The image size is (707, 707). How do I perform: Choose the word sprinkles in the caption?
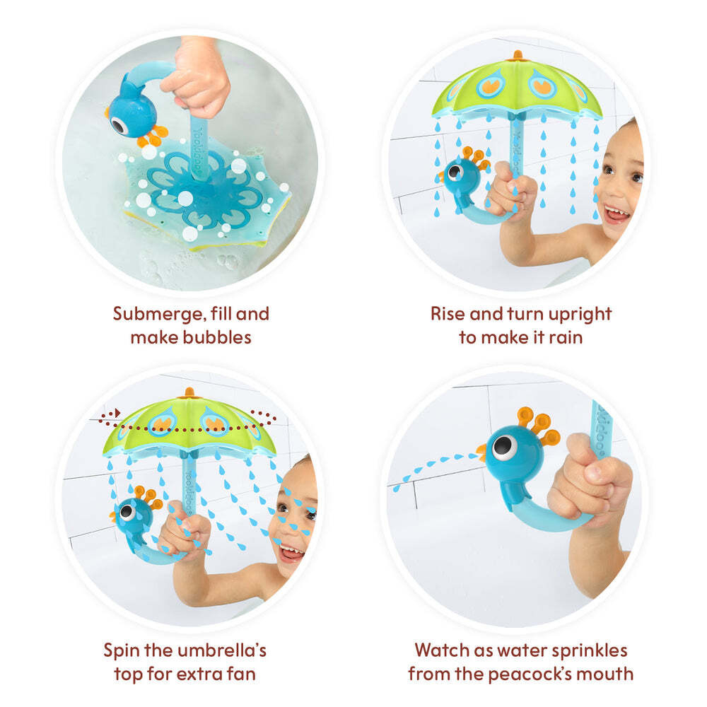(590, 651)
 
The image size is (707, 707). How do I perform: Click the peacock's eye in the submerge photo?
(119, 126)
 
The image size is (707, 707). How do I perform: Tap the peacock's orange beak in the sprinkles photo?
(481, 452)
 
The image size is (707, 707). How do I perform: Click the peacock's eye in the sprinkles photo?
(503, 447)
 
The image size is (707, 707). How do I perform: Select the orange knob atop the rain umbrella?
(518, 55)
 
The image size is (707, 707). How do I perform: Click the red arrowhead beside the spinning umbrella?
(117, 413)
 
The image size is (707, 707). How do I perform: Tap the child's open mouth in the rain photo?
(616, 214)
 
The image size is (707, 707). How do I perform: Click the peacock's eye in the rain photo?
(454, 171)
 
